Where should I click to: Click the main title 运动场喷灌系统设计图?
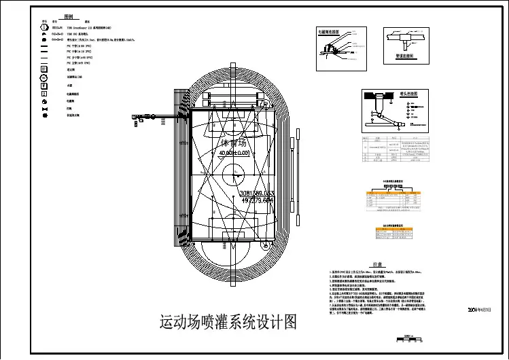coord(228,321)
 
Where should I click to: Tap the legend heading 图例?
coord(69,15)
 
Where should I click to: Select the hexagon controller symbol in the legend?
coord(45,28)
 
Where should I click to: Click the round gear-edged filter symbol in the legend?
coord(45,115)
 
